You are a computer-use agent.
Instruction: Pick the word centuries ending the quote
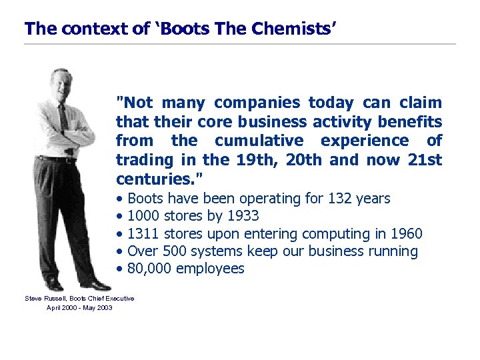pyautogui.click(x=158, y=179)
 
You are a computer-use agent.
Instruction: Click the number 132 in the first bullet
pyautogui.click(x=337, y=199)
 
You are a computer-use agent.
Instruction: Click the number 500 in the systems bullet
pyautogui.click(x=170, y=251)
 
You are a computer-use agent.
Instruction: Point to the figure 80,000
pyautogui.click(x=149, y=269)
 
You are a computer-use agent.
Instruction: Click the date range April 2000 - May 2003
pyautogui.click(x=79, y=307)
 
